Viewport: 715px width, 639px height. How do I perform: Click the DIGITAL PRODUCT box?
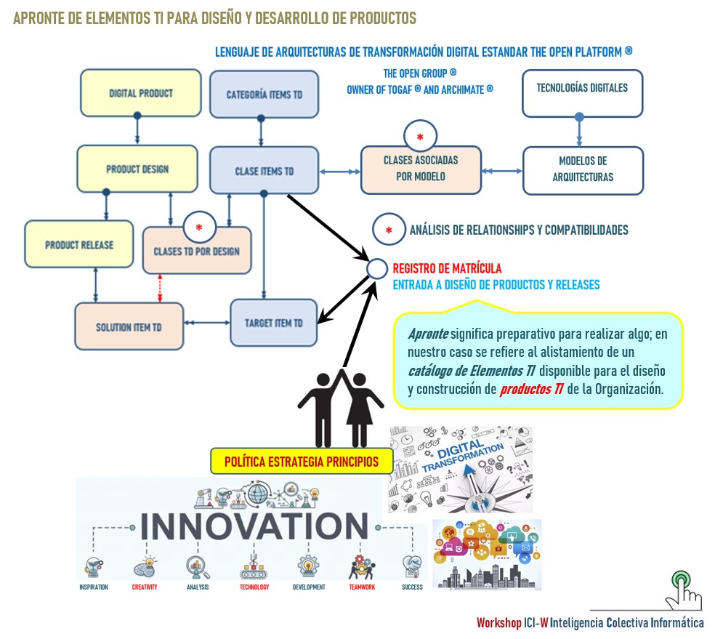coord(140,93)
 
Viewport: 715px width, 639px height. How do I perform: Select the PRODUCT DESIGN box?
coord(137,169)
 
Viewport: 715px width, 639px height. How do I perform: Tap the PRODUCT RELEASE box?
coord(79,245)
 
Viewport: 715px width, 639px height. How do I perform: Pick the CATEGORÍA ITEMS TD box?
coord(264,95)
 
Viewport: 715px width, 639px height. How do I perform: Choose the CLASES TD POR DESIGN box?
coord(196,252)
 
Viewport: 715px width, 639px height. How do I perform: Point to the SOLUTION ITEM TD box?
coord(129,327)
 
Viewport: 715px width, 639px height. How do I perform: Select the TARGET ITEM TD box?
coord(274,323)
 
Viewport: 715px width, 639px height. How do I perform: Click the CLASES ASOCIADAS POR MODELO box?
coord(421,169)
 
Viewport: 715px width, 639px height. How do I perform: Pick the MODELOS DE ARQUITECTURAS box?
coord(583,169)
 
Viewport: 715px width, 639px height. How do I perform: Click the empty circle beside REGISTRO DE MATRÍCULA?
coord(376,269)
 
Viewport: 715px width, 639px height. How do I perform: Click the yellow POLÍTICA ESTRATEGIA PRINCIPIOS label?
coord(301,461)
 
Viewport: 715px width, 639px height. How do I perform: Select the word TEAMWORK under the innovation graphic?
coord(362,587)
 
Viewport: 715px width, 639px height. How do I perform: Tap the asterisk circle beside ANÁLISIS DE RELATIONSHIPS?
coord(389,230)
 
